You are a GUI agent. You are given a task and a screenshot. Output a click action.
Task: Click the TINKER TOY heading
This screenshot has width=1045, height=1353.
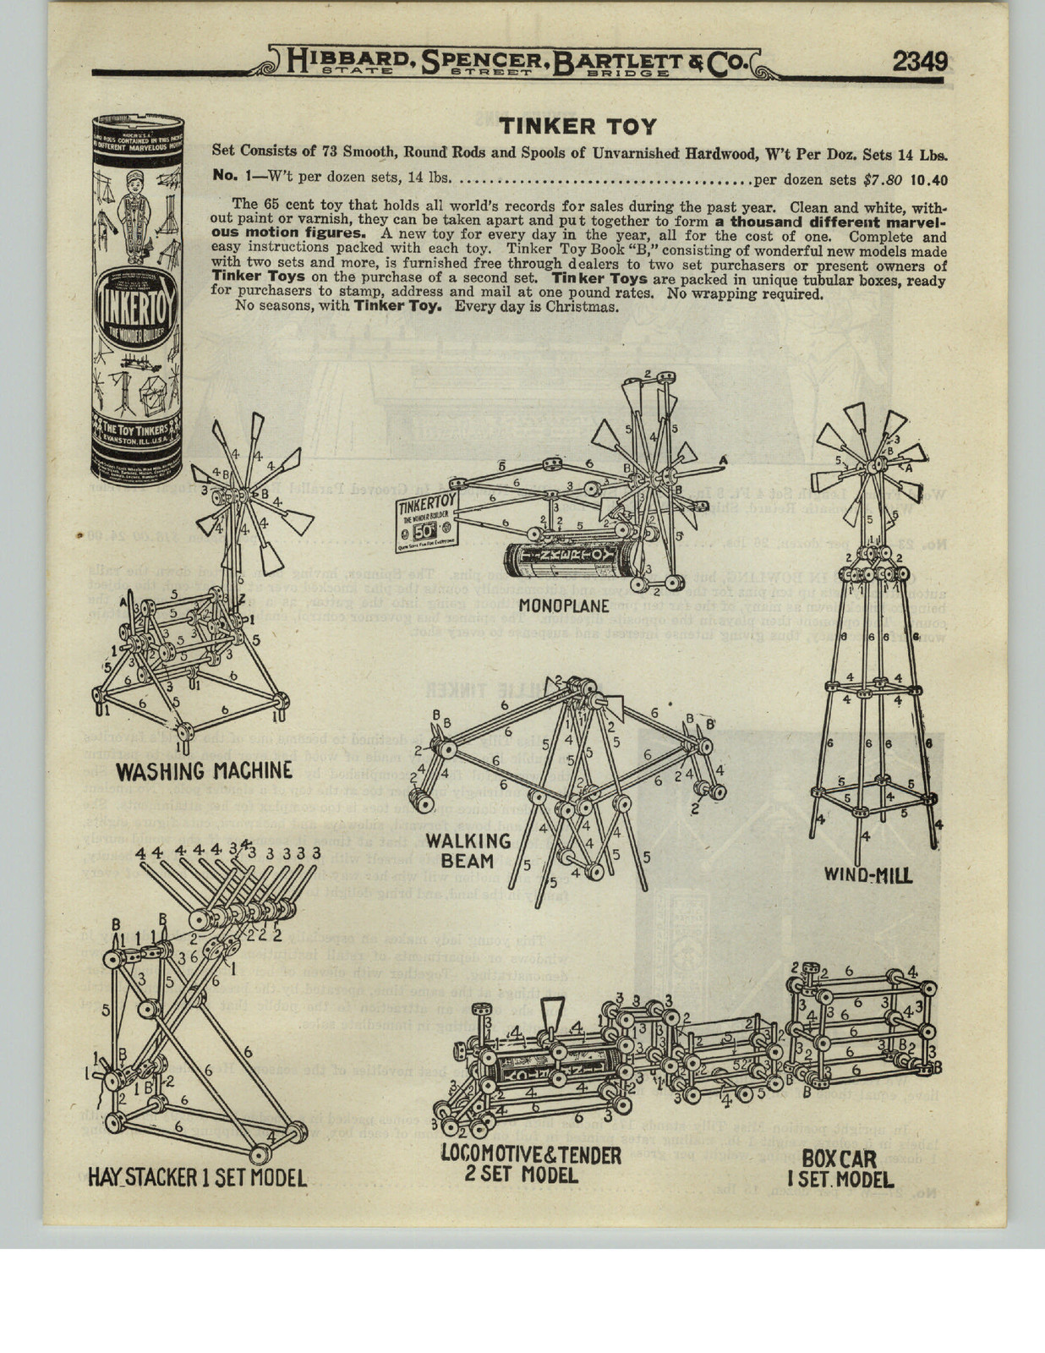(x=577, y=126)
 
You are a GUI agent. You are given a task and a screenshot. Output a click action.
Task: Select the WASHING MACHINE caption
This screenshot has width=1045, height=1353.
(x=204, y=770)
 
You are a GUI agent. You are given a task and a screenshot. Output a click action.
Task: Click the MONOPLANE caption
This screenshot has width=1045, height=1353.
(x=564, y=605)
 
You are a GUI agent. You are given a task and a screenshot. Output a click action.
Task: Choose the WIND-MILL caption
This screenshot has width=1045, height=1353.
(x=868, y=875)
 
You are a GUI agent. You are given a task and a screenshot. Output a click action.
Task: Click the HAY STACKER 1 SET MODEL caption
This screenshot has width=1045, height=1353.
(x=197, y=1177)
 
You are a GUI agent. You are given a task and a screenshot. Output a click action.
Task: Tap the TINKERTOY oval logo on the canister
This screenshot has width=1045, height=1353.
(x=135, y=315)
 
